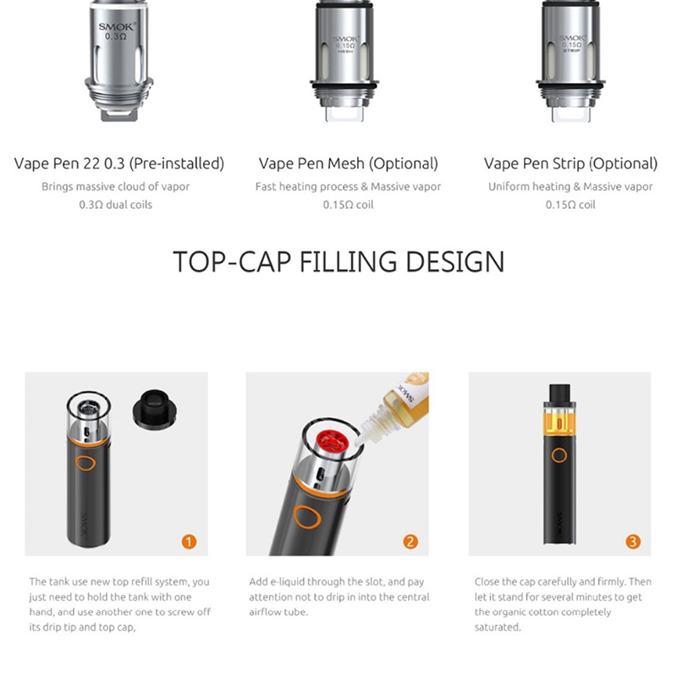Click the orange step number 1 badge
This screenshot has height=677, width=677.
tap(189, 542)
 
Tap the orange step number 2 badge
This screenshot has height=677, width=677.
tap(410, 542)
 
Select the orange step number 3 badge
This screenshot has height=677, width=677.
tap(633, 542)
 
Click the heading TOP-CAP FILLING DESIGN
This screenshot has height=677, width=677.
tap(338, 261)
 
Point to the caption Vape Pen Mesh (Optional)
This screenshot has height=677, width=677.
tap(348, 163)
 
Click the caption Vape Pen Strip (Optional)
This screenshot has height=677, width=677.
tap(570, 163)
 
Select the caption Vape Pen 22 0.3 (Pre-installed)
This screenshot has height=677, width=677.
tap(119, 163)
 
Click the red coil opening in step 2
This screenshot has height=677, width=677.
tap(332, 442)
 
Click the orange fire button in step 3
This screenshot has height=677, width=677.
tap(559, 455)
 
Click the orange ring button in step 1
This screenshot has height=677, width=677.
tap(88, 464)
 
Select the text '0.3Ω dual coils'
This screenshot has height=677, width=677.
tap(116, 205)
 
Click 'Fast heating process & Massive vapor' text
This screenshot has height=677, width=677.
tap(348, 186)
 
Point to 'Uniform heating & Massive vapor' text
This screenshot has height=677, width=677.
tap(570, 186)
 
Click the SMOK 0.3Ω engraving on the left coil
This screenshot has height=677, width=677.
tap(117, 31)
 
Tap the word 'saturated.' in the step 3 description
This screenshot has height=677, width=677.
tap(498, 627)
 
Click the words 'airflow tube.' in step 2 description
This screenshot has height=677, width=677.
tap(278, 612)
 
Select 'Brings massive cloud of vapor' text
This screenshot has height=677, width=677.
tap(116, 186)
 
